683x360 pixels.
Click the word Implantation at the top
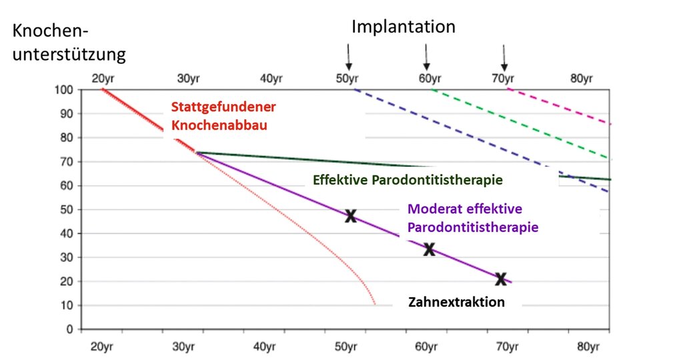(404, 27)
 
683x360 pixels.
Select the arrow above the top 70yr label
(504, 56)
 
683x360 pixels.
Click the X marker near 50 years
(350, 215)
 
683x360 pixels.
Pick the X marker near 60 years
(429, 249)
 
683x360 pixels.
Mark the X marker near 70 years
(501, 278)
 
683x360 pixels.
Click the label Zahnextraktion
(457, 302)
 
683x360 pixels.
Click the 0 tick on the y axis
(69, 329)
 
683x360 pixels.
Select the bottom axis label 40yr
(265, 347)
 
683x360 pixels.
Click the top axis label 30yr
(190, 79)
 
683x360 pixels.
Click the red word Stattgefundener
(223, 107)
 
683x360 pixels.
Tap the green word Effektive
(340, 181)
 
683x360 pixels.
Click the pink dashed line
(560, 106)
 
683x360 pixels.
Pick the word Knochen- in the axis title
(51, 31)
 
